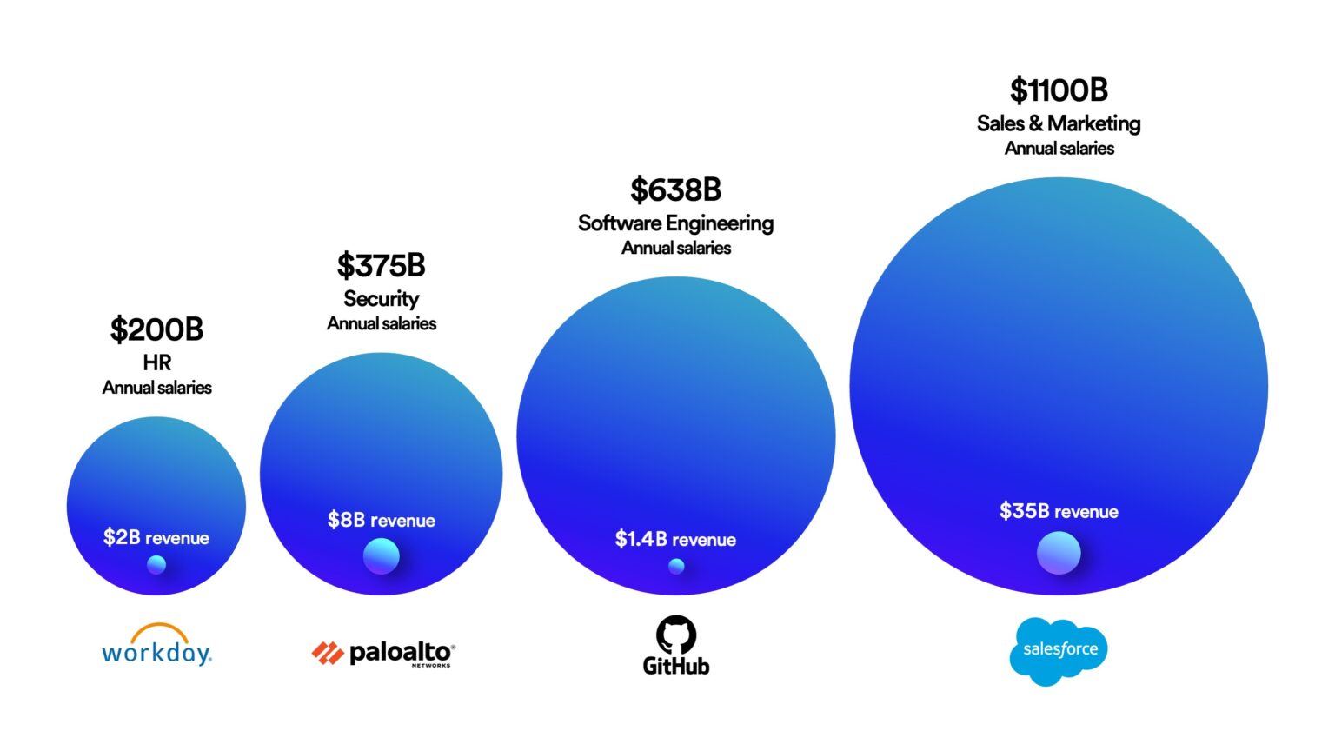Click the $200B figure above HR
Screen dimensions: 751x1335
[x=156, y=330]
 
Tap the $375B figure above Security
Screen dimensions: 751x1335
[x=381, y=266]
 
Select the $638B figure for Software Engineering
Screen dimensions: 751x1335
[x=675, y=190]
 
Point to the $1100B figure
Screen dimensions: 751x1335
[x=1059, y=90]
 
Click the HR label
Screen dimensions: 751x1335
[x=156, y=362]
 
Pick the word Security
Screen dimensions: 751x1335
[x=381, y=299]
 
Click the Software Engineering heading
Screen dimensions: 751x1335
[x=675, y=223]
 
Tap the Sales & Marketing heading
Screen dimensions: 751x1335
[x=1059, y=123]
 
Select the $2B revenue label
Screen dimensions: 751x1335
[x=156, y=537]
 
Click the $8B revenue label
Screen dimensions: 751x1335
[x=381, y=520]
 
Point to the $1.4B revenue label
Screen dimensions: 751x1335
[x=675, y=539]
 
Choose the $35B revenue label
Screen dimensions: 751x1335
[x=1059, y=511]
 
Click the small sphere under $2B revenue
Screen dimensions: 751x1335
[x=156, y=565]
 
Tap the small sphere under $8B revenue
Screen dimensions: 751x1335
[x=381, y=556]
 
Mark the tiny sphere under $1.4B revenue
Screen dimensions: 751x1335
[x=676, y=566]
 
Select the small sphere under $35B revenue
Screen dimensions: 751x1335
[x=1059, y=553]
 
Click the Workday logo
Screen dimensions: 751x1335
[x=156, y=645]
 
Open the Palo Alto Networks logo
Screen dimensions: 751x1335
[x=383, y=653]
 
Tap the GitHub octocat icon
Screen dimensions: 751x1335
[x=676, y=635]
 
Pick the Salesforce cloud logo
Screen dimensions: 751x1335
[x=1059, y=650]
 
